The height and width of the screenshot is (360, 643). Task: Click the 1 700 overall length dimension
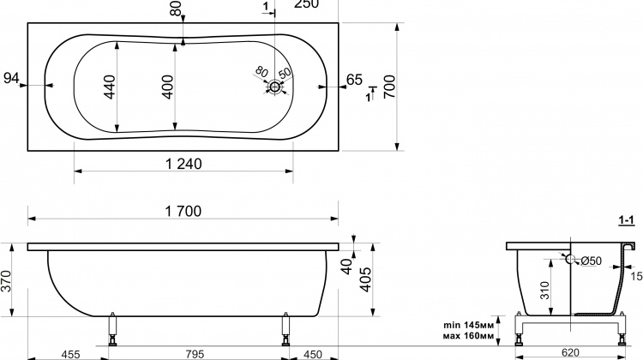(x=183, y=211)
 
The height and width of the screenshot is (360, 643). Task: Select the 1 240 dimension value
(x=183, y=164)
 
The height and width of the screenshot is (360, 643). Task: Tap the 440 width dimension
(x=110, y=87)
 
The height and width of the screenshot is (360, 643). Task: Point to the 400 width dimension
(x=168, y=87)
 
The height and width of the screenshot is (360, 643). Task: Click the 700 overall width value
(x=389, y=87)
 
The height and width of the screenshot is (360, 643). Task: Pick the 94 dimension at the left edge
(x=11, y=78)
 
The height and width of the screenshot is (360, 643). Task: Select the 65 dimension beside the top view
(x=354, y=80)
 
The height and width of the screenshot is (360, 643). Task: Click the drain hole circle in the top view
(x=274, y=87)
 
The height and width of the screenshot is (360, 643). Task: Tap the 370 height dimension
(x=6, y=281)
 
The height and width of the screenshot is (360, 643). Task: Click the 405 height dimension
(x=365, y=279)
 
